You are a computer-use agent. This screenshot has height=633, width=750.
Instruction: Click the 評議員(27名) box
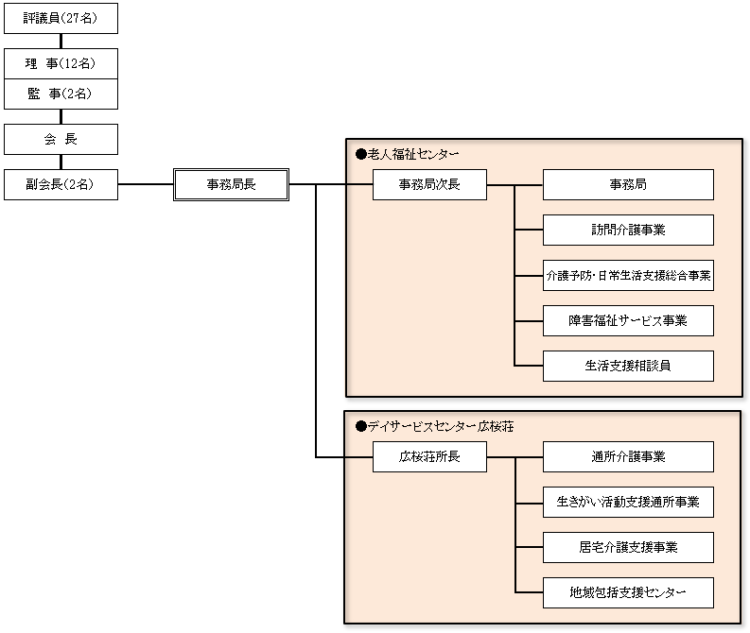(x=61, y=18)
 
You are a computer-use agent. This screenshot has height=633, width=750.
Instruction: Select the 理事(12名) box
(x=61, y=63)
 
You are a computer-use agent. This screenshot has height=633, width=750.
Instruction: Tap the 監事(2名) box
(x=61, y=94)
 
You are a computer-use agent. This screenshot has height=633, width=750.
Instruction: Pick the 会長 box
(x=61, y=139)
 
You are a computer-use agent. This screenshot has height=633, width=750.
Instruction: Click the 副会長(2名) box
(x=61, y=184)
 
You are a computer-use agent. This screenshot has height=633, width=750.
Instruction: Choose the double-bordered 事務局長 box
(x=231, y=184)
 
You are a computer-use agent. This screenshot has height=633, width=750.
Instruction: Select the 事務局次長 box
(x=429, y=184)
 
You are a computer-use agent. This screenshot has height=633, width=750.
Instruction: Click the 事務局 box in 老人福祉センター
(x=628, y=184)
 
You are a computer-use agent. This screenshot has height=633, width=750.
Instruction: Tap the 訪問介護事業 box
(x=628, y=230)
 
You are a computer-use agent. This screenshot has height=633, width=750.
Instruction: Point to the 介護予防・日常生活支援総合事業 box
(x=628, y=275)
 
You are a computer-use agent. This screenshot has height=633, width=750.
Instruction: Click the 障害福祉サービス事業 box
(x=628, y=320)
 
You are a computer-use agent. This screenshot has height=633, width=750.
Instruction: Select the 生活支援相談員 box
(x=628, y=366)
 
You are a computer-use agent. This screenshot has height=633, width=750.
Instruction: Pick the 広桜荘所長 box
(x=429, y=457)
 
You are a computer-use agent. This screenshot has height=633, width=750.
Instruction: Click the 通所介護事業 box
(x=628, y=457)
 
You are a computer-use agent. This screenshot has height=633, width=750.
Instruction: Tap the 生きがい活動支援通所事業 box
(x=628, y=502)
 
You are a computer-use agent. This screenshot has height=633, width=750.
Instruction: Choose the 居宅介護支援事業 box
(x=628, y=547)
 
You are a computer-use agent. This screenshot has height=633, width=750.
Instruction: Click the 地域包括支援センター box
(x=628, y=592)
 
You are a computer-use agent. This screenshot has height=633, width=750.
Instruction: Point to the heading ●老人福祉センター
(x=407, y=153)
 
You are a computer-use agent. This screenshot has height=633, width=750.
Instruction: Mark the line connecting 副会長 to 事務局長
(x=146, y=184)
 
